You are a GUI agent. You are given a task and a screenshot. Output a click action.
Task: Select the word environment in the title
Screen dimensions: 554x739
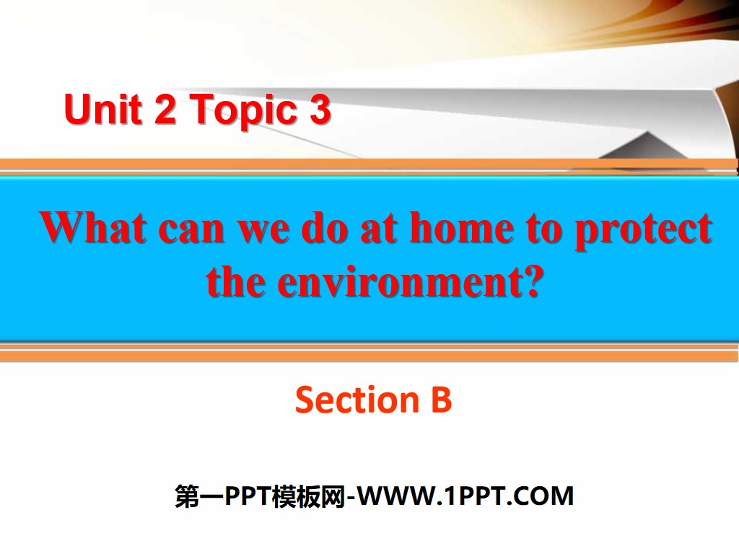[x=396, y=282]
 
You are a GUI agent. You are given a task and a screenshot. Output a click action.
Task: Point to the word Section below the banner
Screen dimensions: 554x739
[x=346, y=400]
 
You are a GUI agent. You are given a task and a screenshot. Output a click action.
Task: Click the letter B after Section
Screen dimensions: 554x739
[x=441, y=400]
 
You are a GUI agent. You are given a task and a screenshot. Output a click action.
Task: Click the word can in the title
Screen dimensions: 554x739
[x=191, y=229]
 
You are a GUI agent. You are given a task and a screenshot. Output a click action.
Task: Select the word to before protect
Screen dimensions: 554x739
[x=543, y=229]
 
